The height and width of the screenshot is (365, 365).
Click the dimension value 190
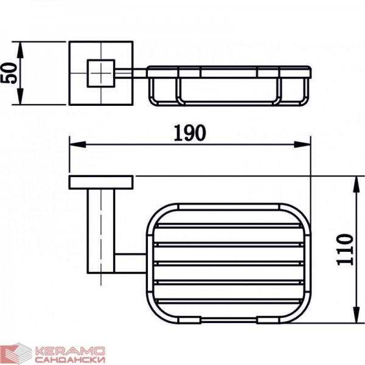(190, 133)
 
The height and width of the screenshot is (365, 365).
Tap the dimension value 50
(9, 73)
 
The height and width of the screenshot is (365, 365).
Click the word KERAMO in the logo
(71, 351)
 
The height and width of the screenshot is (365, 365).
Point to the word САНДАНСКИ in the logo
(71, 360)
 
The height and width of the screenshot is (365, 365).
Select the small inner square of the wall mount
(101, 74)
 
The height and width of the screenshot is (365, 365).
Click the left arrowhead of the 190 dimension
(78, 144)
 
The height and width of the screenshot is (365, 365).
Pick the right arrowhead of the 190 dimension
(302, 144)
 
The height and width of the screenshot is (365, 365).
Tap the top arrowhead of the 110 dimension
(356, 184)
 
